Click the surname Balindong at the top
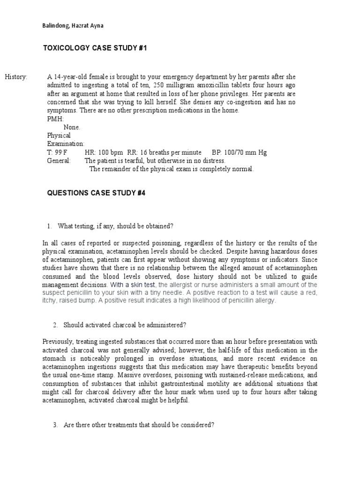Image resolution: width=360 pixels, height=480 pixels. coord(55,26)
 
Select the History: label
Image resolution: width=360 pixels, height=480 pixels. coord(16,77)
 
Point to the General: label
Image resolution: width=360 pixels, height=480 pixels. coord(59,161)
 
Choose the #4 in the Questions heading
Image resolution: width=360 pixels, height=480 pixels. coord(141,193)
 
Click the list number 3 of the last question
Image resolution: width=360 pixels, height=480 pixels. coord(55,425)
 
